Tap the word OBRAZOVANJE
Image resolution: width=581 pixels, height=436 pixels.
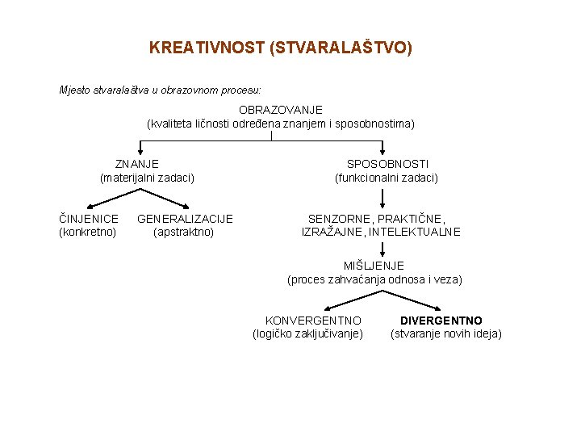coord(280,109)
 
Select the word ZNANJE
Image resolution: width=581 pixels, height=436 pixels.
coord(136,164)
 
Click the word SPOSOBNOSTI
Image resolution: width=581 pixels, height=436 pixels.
coord(387,164)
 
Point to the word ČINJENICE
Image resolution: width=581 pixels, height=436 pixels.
coord(89,219)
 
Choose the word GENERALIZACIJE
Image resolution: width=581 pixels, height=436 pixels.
coord(185,219)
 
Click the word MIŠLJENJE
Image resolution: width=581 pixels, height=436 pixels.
coord(374,266)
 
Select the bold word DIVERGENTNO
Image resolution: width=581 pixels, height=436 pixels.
coord(441,321)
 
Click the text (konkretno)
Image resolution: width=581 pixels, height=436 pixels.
coord(88,232)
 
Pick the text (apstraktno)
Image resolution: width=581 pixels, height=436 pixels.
coord(184,232)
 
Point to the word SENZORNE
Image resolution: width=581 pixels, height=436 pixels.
coord(340,219)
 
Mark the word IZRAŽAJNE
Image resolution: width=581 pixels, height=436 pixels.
coord(332,232)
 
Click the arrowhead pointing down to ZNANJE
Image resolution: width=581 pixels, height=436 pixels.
coord(142,150)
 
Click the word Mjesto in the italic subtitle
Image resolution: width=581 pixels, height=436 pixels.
coord(75,90)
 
